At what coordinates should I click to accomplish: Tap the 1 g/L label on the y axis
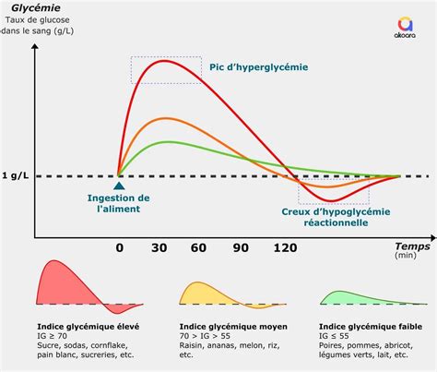(16, 175)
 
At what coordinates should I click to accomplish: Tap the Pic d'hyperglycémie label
(260, 66)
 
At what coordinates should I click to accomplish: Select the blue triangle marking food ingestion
(119, 186)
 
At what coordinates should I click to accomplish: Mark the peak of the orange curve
(166, 118)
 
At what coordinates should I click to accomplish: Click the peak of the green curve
(169, 141)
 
